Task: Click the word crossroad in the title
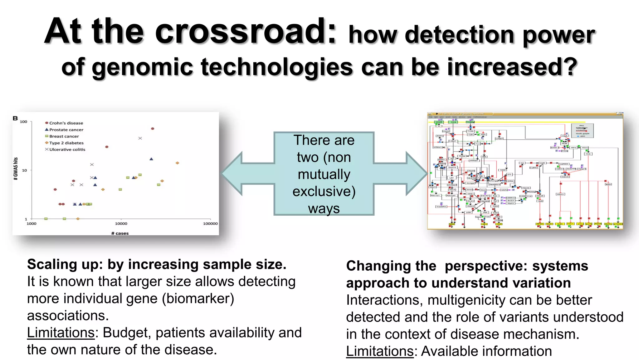(246, 31)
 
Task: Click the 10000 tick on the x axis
(121, 223)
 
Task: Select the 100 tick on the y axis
(23, 122)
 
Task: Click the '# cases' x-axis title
(120, 233)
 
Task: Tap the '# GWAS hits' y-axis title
(16, 169)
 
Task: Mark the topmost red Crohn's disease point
(153, 128)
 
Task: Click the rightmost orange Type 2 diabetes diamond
(177, 163)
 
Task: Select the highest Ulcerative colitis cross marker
(140, 138)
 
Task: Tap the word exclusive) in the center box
(324, 191)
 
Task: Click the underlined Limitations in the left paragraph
(61, 332)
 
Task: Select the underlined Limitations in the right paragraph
(380, 351)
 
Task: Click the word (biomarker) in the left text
(198, 298)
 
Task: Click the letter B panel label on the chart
(15, 118)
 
